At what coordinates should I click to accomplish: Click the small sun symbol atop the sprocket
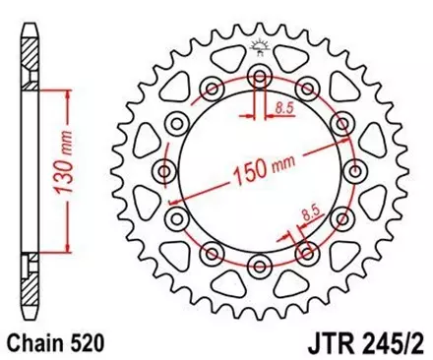[260, 45]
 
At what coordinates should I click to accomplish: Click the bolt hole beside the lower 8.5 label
[306, 251]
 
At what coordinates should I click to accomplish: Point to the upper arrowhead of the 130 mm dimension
[66, 91]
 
